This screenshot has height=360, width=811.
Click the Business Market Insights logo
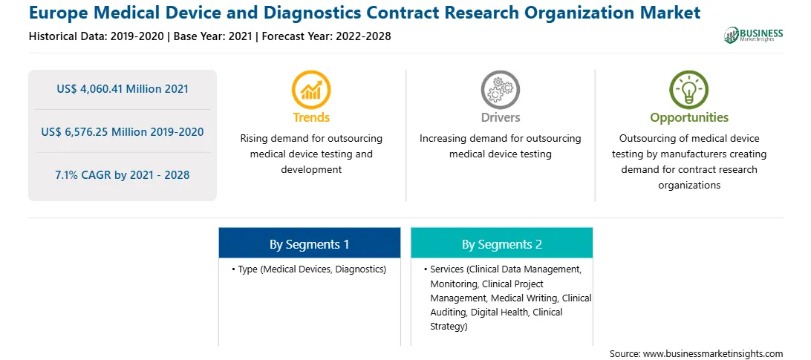click(753, 35)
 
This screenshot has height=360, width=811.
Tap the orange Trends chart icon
click(311, 90)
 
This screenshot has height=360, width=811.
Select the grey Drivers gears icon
click(500, 90)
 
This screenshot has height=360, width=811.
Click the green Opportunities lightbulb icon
click(689, 90)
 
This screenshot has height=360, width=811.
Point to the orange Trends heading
click(311, 117)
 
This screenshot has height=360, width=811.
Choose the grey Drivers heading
click(500, 117)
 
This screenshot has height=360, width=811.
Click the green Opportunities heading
click(689, 118)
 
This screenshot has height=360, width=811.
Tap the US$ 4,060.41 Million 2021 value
click(123, 89)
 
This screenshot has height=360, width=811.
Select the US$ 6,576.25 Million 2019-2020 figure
click(123, 132)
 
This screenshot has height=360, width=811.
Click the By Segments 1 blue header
click(309, 243)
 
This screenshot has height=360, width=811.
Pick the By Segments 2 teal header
click(502, 243)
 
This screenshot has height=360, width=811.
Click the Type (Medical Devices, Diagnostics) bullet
click(309, 269)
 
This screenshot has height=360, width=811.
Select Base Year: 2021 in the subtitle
click(212, 36)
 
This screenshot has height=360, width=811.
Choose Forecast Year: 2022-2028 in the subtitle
click(324, 36)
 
